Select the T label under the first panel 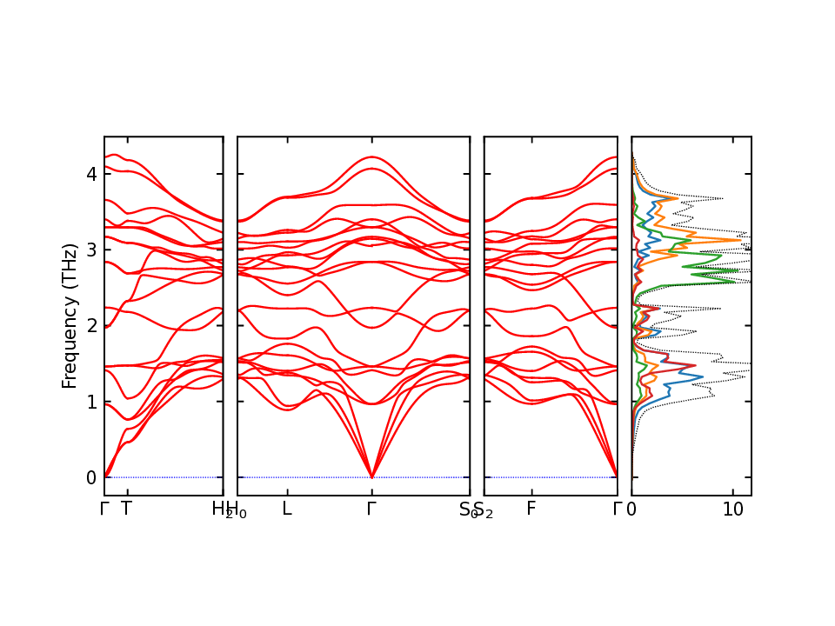coord(126,509)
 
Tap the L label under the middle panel coord(286,509)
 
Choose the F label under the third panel coord(531,509)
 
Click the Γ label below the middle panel coord(371,509)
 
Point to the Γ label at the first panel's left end coord(104,509)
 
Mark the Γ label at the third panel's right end coord(618,509)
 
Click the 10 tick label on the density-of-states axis coord(733,509)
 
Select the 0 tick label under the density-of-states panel coord(631,509)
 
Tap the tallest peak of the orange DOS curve coord(741,240)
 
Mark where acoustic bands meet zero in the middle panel coord(371,477)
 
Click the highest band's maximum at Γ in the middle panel coord(371,157)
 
